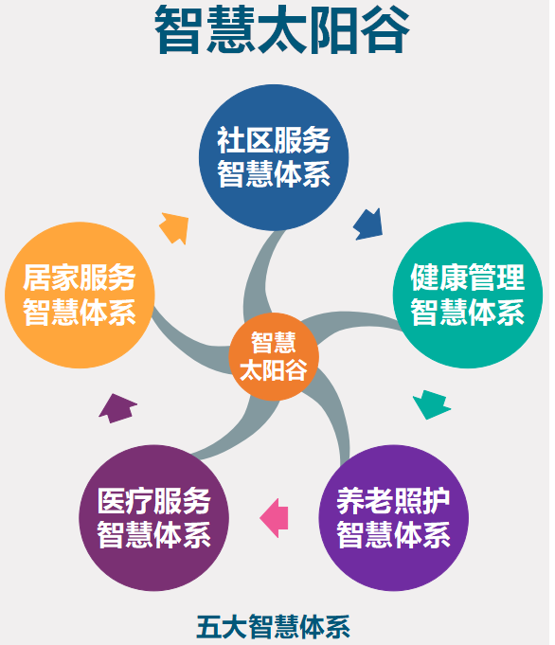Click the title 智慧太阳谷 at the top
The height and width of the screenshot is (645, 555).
pos(282,30)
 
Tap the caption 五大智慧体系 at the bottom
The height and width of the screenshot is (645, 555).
pos(273,627)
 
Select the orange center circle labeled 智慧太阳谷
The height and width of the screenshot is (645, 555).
pos(274,357)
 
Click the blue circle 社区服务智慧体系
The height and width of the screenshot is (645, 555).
pos(274,157)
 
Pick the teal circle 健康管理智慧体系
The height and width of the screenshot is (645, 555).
pos(468,295)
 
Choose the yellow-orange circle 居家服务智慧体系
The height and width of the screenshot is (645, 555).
pos(80,295)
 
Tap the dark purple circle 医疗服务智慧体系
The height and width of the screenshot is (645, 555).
pos(153,518)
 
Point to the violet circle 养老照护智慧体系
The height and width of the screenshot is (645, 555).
pos(393,518)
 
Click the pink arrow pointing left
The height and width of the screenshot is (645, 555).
pos(274,518)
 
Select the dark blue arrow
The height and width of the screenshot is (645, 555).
pos(368,224)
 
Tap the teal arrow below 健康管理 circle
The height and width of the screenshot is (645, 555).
pos(432,404)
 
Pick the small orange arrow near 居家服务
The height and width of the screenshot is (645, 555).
pos(174,228)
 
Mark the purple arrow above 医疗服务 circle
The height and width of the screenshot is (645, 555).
pos(117,408)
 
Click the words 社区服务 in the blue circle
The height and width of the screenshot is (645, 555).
pos(274,140)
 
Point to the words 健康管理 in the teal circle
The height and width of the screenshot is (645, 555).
pos(468,278)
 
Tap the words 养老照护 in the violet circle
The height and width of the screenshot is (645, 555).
pos(393,501)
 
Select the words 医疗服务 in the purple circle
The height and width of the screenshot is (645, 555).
pos(153,501)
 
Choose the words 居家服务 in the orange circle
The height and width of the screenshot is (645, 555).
pos(80,278)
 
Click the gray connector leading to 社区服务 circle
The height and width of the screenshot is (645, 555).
pos(259,277)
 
